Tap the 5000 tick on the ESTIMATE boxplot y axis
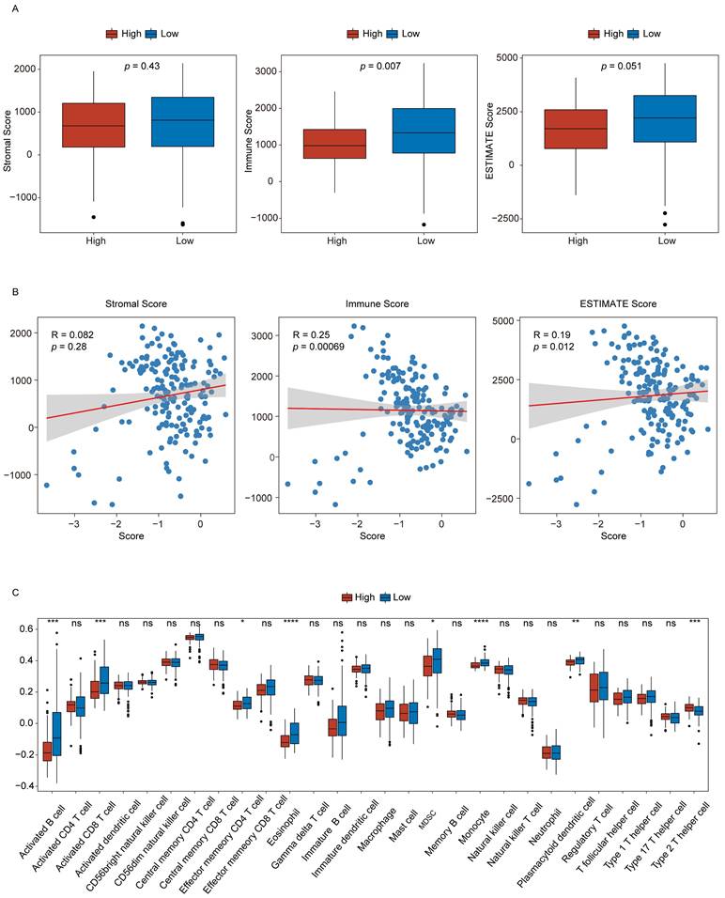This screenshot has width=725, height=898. (x=505, y=58)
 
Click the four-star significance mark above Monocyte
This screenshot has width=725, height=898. (x=481, y=622)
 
